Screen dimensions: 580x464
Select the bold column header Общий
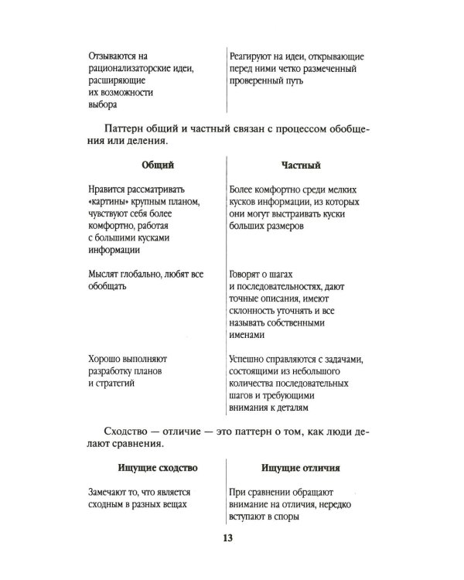[x=156, y=165]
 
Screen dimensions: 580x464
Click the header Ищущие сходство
[x=156, y=469]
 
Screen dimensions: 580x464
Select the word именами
[x=248, y=335]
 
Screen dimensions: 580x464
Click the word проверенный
[x=262, y=81]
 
